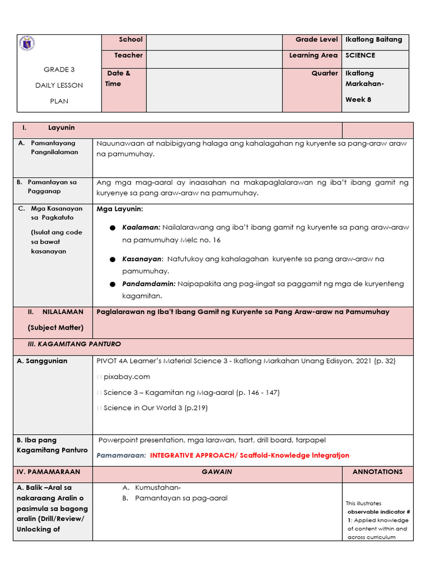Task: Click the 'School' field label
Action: [130, 39]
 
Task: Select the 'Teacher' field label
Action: [128, 55]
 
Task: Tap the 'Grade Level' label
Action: [316, 39]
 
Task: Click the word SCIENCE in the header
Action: [360, 55]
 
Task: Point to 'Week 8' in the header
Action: [354, 100]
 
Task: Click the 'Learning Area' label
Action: [313, 55]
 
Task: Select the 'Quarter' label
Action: [324, 73]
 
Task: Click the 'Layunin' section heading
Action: [61, 128]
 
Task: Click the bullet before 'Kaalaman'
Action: [112, 229]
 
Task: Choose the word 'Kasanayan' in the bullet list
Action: [142, 259]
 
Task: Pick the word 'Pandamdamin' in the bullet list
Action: [148, 284]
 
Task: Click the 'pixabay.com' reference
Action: [127, 377]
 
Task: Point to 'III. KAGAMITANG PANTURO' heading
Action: [74, 344]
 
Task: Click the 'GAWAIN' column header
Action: [217, 472]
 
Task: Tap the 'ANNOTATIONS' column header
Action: [377, 472]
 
